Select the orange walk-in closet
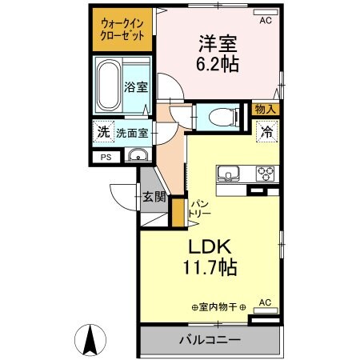(121, 32)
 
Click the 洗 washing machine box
(102, 133)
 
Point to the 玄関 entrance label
(154, 196)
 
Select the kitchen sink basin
(226, 174)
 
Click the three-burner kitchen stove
(265, 173)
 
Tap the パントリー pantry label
(199, 210)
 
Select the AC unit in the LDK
(266, 302)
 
